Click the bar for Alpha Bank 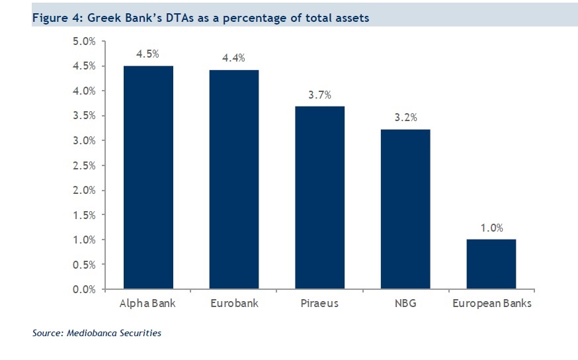pyautogui.click(x=147, y=177)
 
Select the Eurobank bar pyautogui.click(x=233, y=179)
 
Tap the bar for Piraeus pyautogui.click(x=319, y=197)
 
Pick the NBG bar pyautogui.click(x=405, y=209)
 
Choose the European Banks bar pyautogui.click(x=491, y=264)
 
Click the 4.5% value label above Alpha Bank pyautogui.click(x=147, y=54)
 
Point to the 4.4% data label pyautogui.click(x=233, y=58)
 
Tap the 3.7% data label pyautogui.click(x=319, y=95)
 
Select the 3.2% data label pyautogui.click(x=405, y=118)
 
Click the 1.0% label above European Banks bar pyautogui.click(x=491, y=228)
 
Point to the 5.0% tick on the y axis pyautogui.click(x=84, y=42)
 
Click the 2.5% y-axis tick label pyautogui.click(x=84, y=165)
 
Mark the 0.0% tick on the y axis pyautogui.click(x=84, y=289)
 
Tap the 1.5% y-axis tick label pyautogui.click(x=84, y=215)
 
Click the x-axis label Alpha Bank pyautogui.click(x=147, y=304)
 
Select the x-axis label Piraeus pyautogui.click(x=319, y=304)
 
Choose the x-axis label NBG pyautogui.click(x=405, y=304)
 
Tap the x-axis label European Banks pyautogui.click(x=491, y=304)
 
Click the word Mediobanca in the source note pyautogui.click(x=93, y=333)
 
